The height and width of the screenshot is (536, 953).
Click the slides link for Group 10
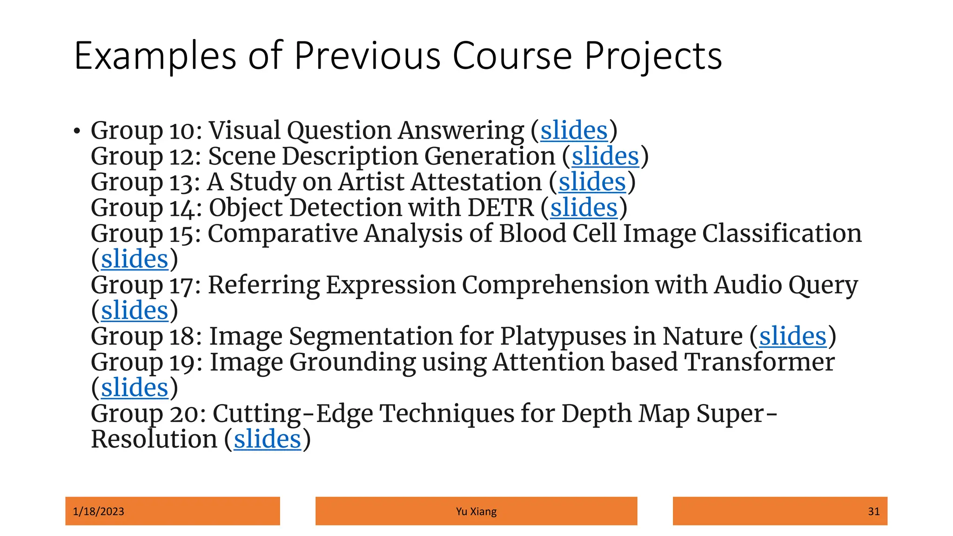(x=574, y=130)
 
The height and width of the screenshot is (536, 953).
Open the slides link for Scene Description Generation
(x=605, y=156)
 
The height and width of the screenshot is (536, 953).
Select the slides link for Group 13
(x=592, y=182)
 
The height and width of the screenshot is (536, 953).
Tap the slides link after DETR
(x=584, y=208)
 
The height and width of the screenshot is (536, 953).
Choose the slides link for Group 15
(x=134, y=259)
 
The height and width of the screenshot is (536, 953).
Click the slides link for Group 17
(x=134, y=310)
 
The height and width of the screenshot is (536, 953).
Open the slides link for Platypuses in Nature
(x=792, y=336)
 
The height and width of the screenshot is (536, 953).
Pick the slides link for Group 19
(x=134, y=388)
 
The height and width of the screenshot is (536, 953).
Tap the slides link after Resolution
(x=268, y=439)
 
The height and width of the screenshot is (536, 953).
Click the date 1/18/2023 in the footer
(x=99, y=511)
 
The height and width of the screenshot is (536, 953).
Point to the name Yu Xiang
(x=476, y=511)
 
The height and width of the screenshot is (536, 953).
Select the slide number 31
(x=873, y=511)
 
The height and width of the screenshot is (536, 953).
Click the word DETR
(x=501, y=208)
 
